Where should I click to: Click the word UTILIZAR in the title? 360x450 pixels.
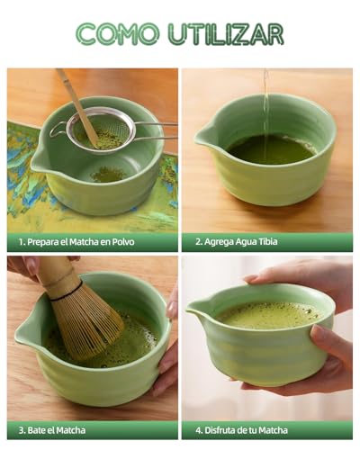pos(225,34)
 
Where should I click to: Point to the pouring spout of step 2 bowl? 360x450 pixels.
pos(202,136)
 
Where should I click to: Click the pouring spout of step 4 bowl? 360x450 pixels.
pos(193,310)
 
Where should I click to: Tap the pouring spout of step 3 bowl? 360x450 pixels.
pos(25,334)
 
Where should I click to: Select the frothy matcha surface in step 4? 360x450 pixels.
pos(268,315)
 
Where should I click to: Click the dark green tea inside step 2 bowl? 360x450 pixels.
pos(270,148)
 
